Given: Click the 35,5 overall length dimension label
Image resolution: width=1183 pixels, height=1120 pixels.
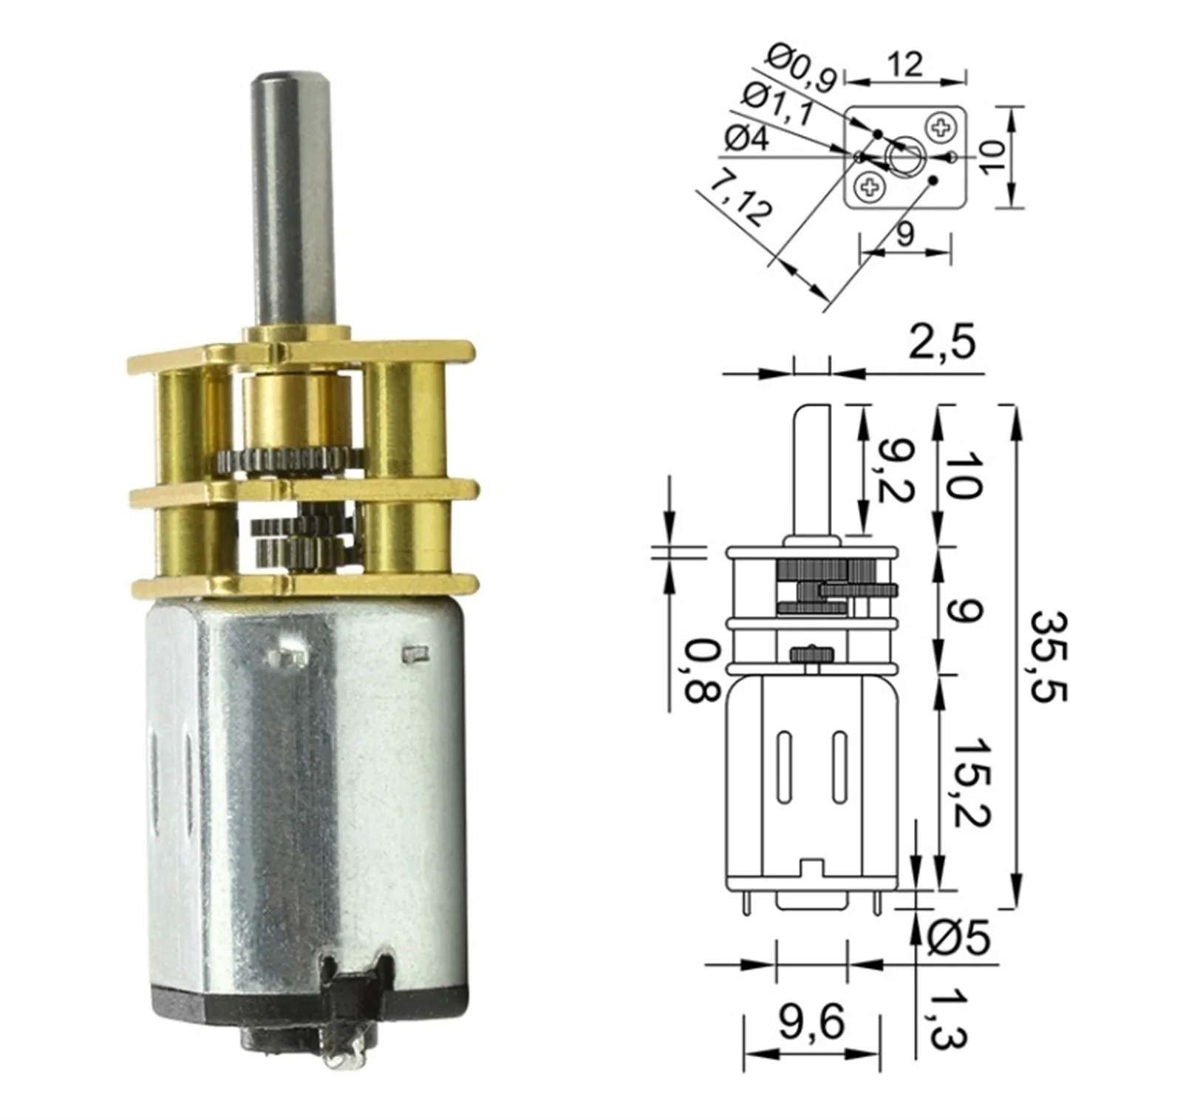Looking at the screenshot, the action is (x=1050, y=656).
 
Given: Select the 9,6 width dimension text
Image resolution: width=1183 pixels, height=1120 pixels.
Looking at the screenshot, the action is (x=811, y=1023).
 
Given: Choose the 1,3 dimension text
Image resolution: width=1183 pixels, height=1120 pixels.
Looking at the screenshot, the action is (x=947, y=1018).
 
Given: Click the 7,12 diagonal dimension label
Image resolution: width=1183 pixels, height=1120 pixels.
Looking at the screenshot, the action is (x=740, y=197).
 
